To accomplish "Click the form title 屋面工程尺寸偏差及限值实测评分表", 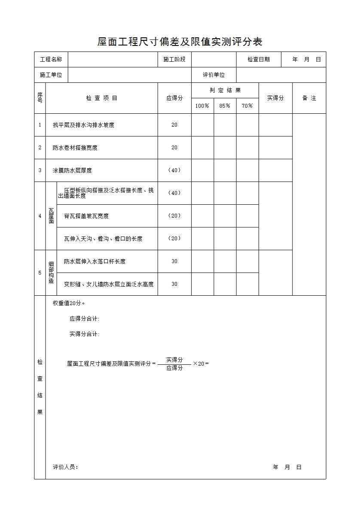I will pos(180,42).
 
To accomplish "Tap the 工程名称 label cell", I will pos(51,59).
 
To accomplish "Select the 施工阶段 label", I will pos(174,59).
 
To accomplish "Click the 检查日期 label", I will pos(259,59).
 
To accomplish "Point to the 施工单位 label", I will pos(51,75).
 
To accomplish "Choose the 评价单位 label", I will pos(214,75).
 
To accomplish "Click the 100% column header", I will pos(202,106).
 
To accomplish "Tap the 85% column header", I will pos(225,106).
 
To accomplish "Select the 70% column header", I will pos(247,106).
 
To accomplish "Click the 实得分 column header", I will pos(275,98).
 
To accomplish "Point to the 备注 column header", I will pos(309,98).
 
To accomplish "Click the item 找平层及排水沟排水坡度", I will pos(83,125).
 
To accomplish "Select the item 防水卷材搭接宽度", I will pos(75,148).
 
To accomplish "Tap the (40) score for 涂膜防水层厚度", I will pos(174,170).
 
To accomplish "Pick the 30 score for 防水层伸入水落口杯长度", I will pos(174,261).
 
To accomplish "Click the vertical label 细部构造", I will pos(51,273).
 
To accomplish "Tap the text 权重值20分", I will pos(69,303).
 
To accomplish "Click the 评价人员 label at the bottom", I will pos(65,467).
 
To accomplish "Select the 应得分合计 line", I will pos(85,319).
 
